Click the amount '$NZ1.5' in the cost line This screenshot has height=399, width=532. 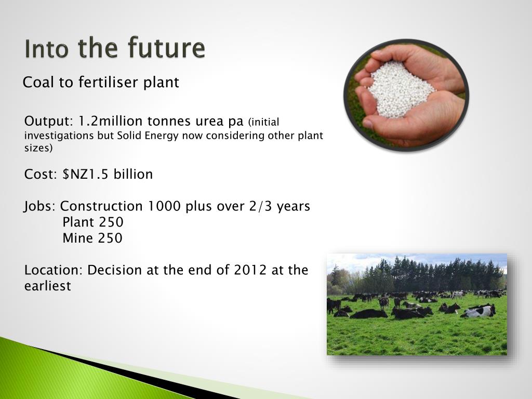coord(85,174)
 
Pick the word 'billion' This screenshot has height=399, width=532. coord(133,174)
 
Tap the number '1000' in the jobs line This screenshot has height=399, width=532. coord(164,206)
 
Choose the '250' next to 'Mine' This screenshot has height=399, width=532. coord(110,238)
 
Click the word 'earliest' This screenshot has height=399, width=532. coord(47,286)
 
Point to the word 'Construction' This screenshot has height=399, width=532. coord(101,206)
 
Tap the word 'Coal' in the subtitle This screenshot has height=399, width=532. coord(38,83)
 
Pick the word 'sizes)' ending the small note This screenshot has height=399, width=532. coord(38,148)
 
